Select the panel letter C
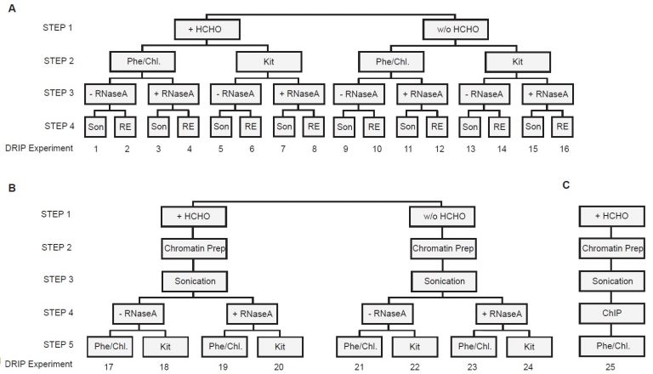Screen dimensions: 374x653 tap(566, 186)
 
